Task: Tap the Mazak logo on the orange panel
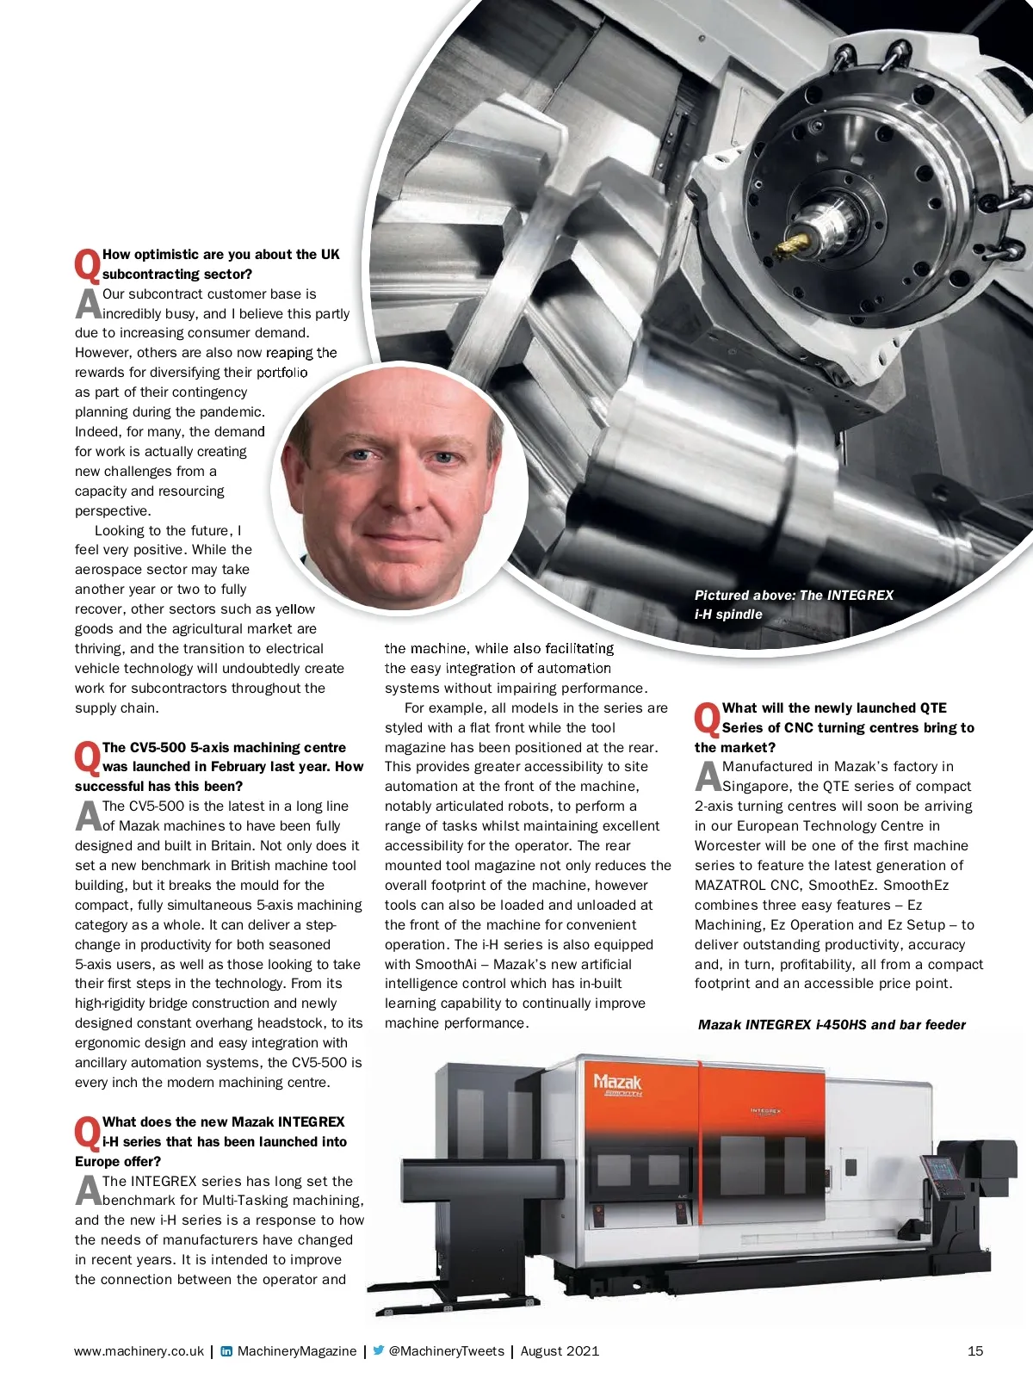coord(618,1083)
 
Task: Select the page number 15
coord(974,1350)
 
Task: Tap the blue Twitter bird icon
coord(378,1350)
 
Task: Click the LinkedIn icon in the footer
coord(226,1350)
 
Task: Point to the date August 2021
coord(560,1350)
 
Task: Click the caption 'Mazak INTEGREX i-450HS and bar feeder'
coord(832,1024)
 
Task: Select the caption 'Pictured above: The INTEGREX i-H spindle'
coord(793,604)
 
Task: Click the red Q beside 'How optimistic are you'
coord(87,265)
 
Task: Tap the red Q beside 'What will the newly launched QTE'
coord(707,719)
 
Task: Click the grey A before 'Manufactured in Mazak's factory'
coord(708,776)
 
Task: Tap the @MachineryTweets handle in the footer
coord(446,1350)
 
